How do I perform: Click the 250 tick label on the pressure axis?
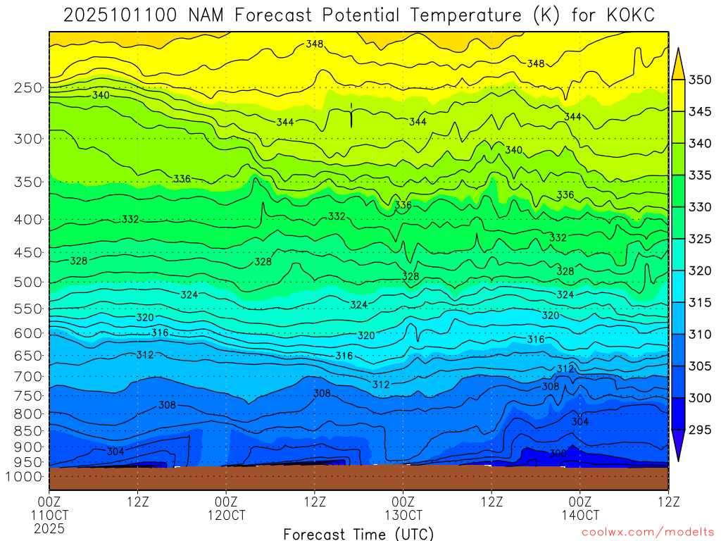pos(27,88)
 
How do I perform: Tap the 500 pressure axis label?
pos(27,282)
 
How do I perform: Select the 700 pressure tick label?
pos(27,376)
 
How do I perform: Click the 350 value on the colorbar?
pos(699,80)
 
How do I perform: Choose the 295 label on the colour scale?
pos(699,430)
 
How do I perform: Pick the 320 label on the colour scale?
pos(699,271)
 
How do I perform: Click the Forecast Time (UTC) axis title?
pos(358,533)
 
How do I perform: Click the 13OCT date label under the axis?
pos(403,515)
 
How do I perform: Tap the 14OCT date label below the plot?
pos(579,515)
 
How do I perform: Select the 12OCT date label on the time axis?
pos(226,515)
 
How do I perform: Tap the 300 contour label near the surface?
pos(558,454)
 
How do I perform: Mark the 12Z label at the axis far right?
pos(667,502)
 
